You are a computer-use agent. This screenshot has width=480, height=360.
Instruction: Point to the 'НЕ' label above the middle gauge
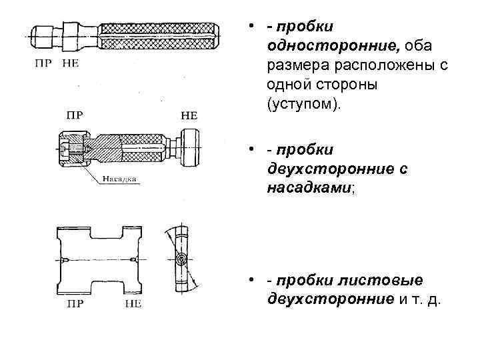[x=189, y=115]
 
